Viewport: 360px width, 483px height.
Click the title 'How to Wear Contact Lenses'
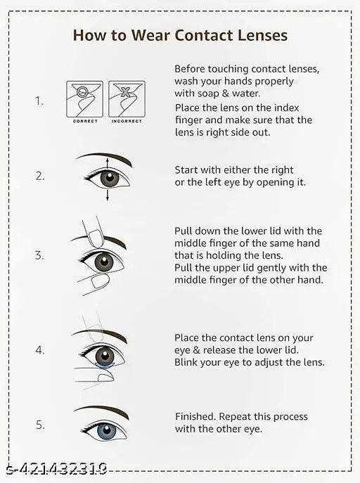pyautogui.click(x=180, y=35)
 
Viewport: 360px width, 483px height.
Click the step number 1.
pyautogui.click(x=40, y=101)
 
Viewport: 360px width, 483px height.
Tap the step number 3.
pyautogui.click(x=40, y=255)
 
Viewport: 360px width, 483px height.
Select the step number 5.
pyautogui.click(x=40, y=425)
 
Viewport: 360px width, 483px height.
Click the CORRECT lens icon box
pyautogui.click(x=85, y=98)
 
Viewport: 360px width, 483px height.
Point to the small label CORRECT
pyautogui.click(x=85, y=122)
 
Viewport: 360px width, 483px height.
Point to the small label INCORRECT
pyautogui.click(x=127, y=122)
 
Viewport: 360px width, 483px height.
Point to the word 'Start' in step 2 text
pyautogui.click(x=186, y=170)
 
